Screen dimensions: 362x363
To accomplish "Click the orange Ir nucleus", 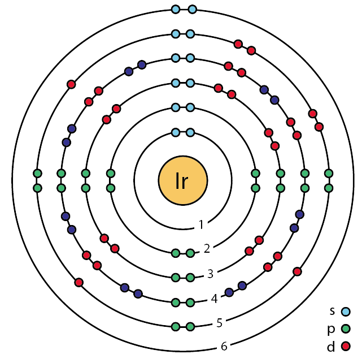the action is [x=182, y=181].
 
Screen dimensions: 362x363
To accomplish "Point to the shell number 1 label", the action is [x=201, y=225].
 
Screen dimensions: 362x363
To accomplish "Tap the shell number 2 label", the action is [x=207, y=248].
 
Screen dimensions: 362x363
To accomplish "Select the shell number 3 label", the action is [x=210, y=274].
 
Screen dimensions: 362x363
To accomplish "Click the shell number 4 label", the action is [x=214, y=298].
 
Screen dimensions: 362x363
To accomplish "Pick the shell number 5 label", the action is [x=219, y=323].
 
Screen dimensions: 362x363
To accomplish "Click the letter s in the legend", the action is [x=333, y=310].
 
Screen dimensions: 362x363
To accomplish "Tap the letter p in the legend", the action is [x=333, y=328].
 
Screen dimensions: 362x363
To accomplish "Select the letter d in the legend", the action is [x=333, y=345].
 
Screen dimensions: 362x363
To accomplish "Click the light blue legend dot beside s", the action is [x=346, y=311].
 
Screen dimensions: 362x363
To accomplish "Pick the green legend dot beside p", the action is [x=346, y=328].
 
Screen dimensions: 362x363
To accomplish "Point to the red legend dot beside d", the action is [x=346, y=345].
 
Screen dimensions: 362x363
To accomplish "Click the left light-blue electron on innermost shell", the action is [x=176, y=132].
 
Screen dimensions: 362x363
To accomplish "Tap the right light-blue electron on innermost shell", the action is [x=190, y=132].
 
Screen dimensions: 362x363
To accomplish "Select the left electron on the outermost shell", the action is [x=176, y=10].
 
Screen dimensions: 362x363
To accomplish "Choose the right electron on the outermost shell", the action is [x=192, y=10].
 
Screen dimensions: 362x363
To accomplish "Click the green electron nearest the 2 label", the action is [x=190, y=253].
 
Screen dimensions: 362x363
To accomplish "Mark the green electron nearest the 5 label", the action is [x=190, y=327].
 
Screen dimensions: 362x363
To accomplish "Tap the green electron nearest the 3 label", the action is [x=190, y=278].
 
